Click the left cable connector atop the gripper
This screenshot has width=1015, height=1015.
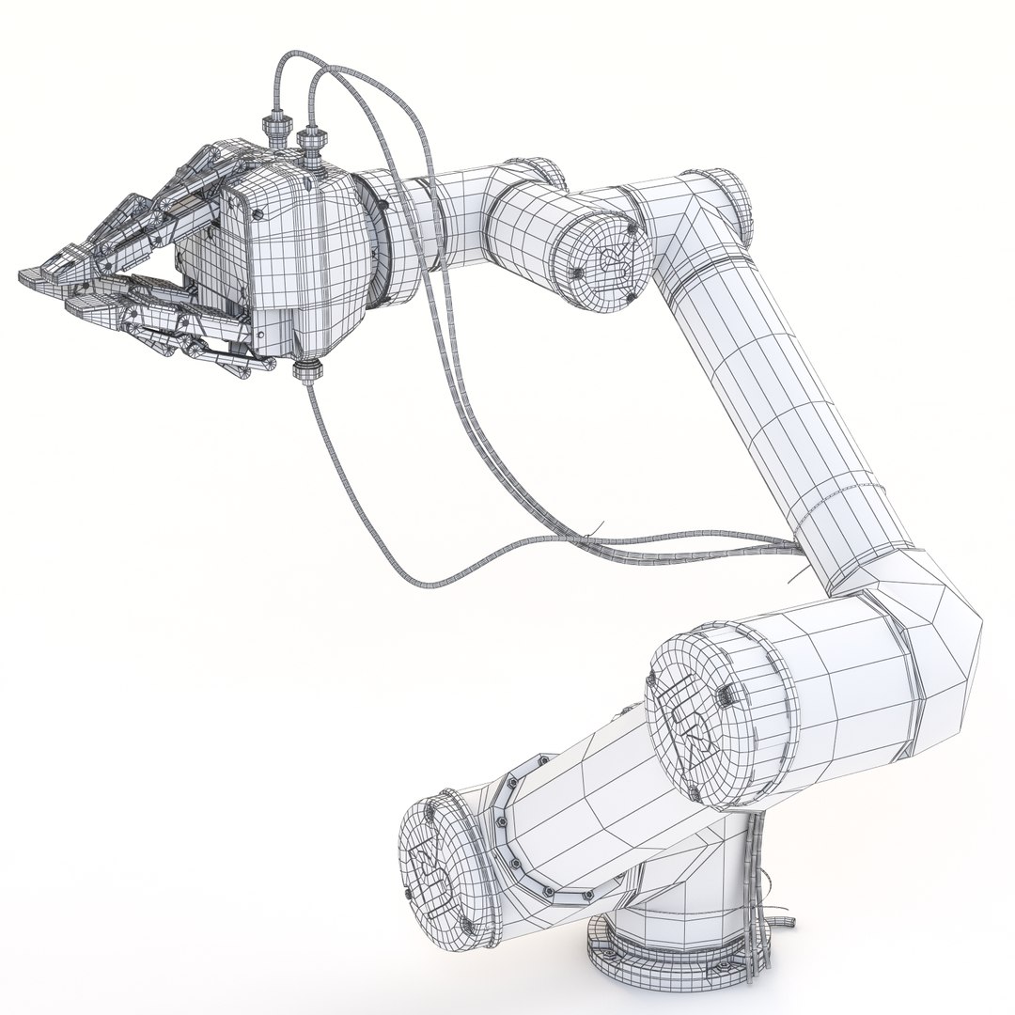point(274,128)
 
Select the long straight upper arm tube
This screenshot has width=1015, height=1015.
point(771,395)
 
